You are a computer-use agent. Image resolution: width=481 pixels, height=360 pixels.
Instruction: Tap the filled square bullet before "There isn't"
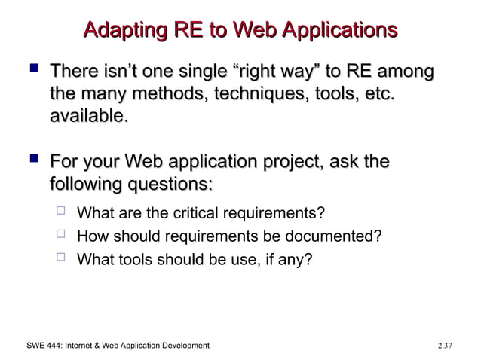click(31, 72)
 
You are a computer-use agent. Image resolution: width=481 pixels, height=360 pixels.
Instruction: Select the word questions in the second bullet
click(166, 184)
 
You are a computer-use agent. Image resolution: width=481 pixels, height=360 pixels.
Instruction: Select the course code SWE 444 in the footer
click(35, 345)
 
